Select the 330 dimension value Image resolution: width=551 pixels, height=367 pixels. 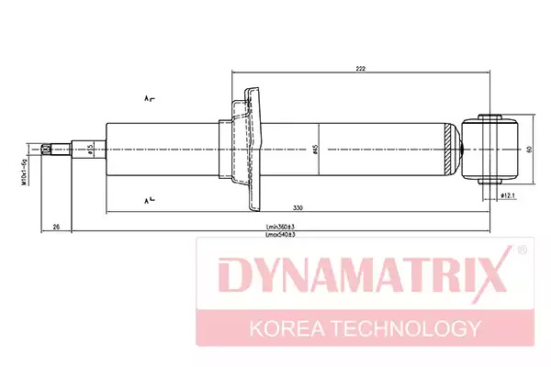(298, 206)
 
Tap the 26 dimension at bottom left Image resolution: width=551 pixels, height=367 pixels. (56, 226)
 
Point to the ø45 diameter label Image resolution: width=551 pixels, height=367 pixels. (315, 149)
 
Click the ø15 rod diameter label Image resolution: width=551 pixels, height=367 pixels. (89, 149)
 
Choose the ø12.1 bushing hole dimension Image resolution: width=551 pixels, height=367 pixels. (507, 195)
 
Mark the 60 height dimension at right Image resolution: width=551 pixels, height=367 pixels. (529, 149)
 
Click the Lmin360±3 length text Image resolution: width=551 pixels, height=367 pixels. (279, 227)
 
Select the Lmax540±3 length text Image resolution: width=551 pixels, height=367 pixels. (279, 236)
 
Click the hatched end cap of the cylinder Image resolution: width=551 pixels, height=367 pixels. (449, 149)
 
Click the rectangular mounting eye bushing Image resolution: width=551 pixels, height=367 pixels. (493, 149)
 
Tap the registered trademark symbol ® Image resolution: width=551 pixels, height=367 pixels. (522, 250)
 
